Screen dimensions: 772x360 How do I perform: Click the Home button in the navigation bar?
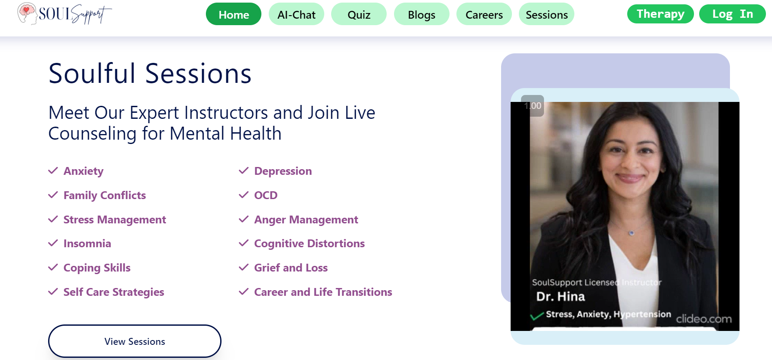[x=234, y=14]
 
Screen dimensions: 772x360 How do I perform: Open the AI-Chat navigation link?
[x=296, y=14]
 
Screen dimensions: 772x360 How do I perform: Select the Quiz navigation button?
[x=359, y=14]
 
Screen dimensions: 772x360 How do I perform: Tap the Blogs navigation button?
[x=422, y=14]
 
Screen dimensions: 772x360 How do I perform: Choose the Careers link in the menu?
[x=484, y=14]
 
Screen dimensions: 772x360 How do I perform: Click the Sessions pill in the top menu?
[x=547, y=14]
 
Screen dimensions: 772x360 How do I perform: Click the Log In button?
[x=733, y=14]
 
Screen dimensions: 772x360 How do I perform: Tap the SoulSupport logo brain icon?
[x=27, y=13]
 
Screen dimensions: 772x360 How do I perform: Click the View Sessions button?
[x=135, y=341]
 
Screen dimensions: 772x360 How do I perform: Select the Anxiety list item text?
[x=84, y=171]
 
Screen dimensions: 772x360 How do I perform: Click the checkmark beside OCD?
[x=244, y=195]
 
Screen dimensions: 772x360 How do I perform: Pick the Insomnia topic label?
[x=87, y=243]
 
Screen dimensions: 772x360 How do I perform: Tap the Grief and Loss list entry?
[x=291, y=268]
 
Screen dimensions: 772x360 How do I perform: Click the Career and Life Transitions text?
[x=323, y=292]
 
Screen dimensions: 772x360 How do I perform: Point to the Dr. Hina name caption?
[x=560, y=297]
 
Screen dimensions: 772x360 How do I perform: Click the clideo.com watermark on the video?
[x=704, y=319]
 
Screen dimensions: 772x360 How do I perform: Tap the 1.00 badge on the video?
[x=532, y=106]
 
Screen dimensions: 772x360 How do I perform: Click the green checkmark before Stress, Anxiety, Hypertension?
[x=537, y=316]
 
